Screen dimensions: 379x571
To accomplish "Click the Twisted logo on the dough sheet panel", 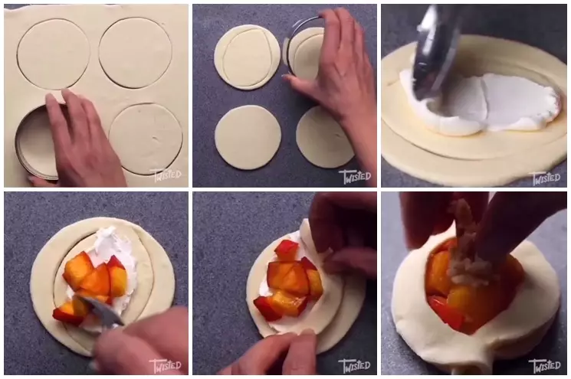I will (166, 175).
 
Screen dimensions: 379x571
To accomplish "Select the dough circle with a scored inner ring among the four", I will (247, 57).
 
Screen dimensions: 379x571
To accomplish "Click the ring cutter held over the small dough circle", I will (304, 51).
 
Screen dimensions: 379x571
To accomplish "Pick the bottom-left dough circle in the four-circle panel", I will (248, 137).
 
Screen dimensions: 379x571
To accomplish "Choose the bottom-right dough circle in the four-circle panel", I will (323, 138).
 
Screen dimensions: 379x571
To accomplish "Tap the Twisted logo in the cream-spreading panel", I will (545, 177).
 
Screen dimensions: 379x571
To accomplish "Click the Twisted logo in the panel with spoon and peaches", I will (166, 364).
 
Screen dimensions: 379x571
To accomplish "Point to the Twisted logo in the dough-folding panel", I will (355, 364).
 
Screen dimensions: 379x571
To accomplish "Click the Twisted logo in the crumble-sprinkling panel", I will (545, 364).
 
